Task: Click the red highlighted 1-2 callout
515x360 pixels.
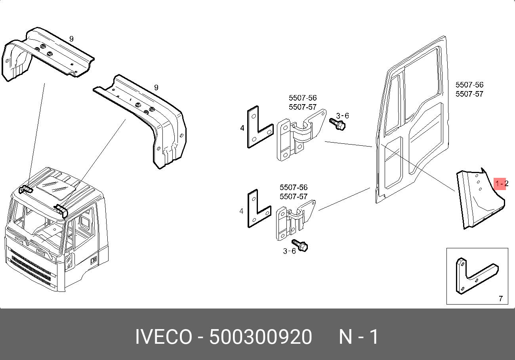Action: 501,184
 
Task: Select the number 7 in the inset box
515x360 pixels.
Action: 500,299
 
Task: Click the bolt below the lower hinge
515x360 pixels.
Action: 300,245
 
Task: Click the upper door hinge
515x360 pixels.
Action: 300,134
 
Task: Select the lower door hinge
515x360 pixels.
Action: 295,220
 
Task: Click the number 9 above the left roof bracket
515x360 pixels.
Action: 71,39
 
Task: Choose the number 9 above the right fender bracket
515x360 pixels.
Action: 156,88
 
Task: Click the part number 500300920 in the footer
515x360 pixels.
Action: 260,337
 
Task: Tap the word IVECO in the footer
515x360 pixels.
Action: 163,337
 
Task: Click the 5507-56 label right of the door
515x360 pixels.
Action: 469,85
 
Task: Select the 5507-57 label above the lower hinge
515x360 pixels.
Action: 294,196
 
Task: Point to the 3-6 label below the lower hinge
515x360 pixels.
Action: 289,251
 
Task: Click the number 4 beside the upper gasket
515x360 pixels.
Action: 242,128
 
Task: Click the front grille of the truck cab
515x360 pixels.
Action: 32,265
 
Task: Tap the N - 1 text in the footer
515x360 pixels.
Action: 359,337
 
